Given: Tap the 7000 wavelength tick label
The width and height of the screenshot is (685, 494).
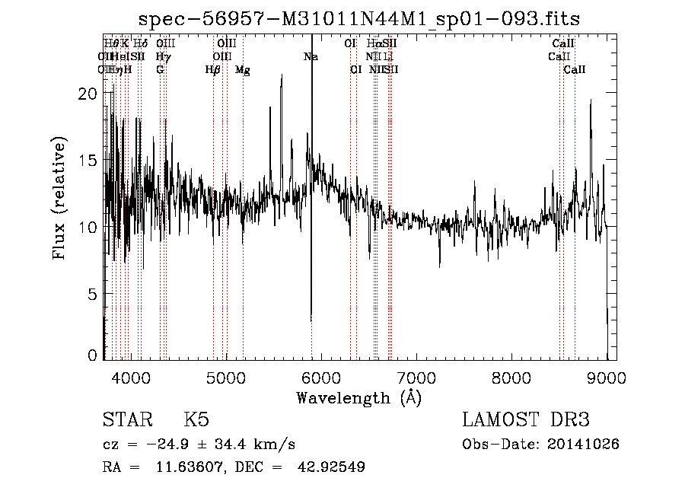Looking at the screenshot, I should (416, 376).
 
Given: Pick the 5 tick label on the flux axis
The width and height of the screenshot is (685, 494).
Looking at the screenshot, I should (93, 294).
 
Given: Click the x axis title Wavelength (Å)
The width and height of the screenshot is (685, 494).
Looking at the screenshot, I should (358, 397).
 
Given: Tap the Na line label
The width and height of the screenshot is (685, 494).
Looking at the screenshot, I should (311, 57).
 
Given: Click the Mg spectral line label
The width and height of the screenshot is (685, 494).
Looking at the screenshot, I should (243, 70).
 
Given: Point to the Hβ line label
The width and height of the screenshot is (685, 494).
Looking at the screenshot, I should (213, 70).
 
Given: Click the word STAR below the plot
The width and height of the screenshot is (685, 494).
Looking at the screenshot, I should (122, 421).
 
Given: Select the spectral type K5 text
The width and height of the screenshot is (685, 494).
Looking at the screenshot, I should (196, 421).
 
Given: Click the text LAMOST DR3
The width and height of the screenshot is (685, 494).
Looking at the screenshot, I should (525, 421).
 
